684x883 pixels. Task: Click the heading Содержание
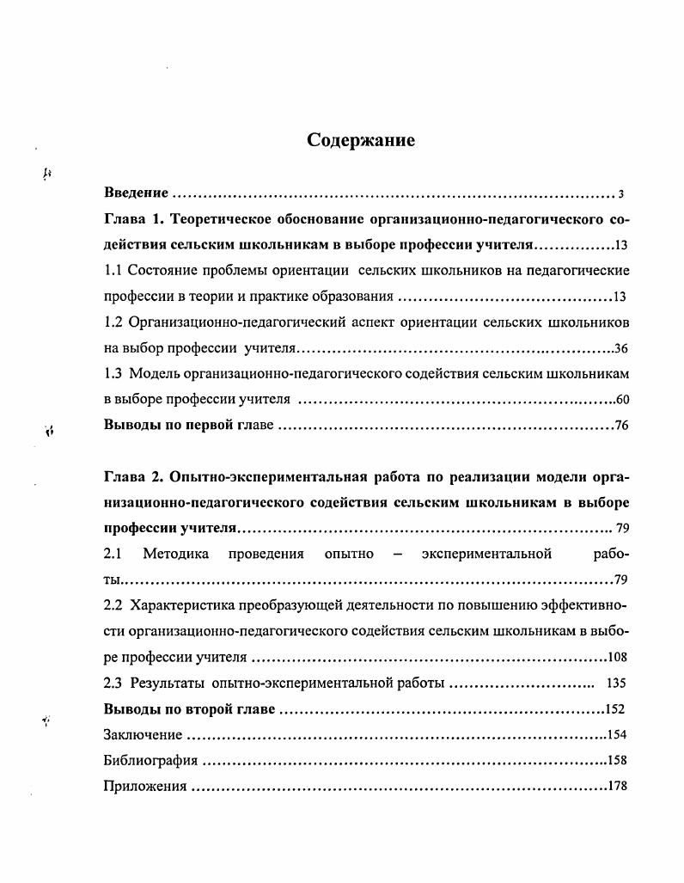[x=361, y=141]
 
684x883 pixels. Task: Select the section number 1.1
[x=113, y=271]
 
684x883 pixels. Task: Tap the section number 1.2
[x=113, y=322]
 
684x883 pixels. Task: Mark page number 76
[x=622, y=426]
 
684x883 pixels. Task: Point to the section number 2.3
[x=113, y=684]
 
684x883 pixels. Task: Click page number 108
[x=618, y=658]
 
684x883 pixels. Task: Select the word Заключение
[x=143, y=735]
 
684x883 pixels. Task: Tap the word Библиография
[x=150, y=761]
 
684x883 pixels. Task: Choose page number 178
[x=619, y=787]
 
